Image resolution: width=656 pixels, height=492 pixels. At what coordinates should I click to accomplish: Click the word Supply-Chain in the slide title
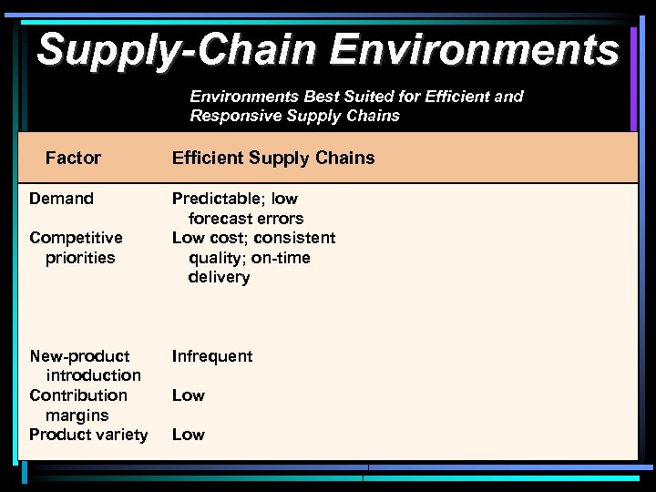click(178, 49)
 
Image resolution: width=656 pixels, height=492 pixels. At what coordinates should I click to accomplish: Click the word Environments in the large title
click(474, 49)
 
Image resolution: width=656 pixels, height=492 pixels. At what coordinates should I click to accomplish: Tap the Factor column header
click(73, 159)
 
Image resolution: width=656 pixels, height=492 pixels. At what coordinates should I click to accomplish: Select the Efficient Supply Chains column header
click(273, 159)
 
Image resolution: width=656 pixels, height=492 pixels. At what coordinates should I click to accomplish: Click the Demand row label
click(61, 199)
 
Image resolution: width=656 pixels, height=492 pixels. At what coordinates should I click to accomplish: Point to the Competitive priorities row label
click(76, 248)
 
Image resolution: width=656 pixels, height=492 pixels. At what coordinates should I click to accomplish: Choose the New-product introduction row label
click(84, 365)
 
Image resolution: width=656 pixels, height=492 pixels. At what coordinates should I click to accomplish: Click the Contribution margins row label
click(78, 405)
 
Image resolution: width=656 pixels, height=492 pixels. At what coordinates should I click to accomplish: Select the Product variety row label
click(88, 435)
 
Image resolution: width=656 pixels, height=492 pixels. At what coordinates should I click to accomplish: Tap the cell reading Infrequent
click(212, 356)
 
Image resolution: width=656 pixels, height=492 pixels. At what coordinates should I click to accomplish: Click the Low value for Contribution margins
click(189, 395)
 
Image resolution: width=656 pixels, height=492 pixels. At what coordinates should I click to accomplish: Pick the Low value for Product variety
click(189, 435)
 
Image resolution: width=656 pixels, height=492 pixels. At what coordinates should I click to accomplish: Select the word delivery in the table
click(219, 277)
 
